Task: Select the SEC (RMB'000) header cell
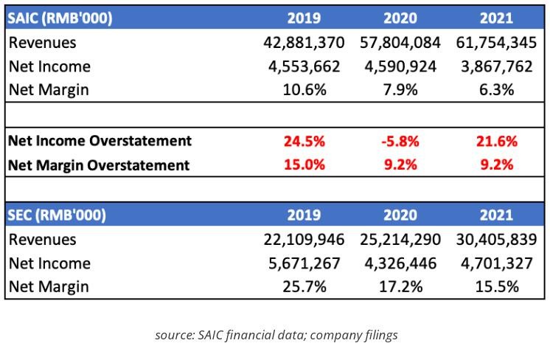(x=58, y=215)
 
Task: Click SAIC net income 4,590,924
(x=400, y=66)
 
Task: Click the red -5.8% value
(x=400, y=141)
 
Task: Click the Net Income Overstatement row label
(x=100, y=141)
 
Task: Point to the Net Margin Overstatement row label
(x=99, y=165)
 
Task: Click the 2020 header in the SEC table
(x=400, y=215)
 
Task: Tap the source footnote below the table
(x=276, y=335)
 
